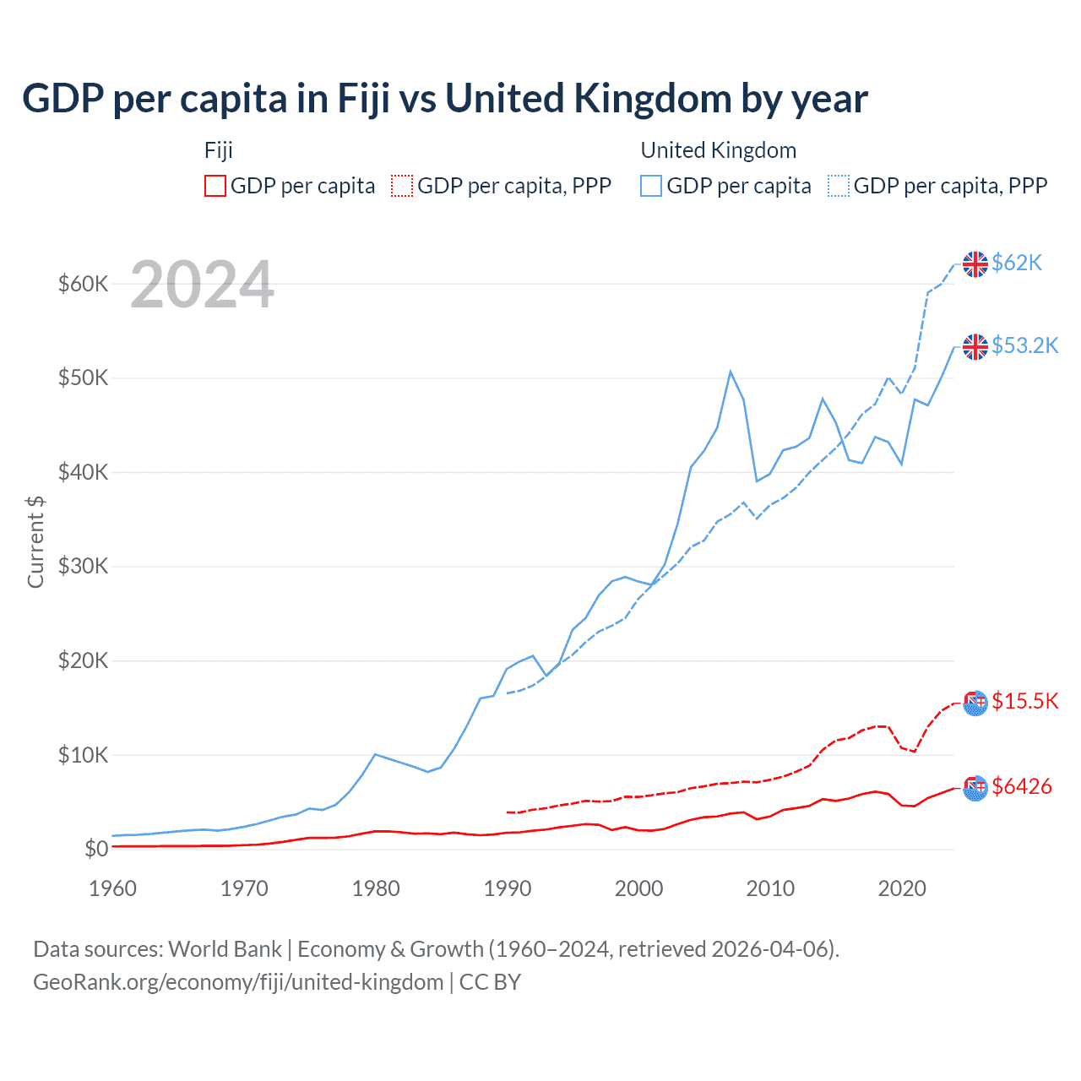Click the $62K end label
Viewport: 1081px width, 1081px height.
point(1017,263)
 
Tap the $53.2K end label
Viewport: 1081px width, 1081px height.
point(1024,345)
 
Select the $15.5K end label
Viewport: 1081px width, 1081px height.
point(1024,701)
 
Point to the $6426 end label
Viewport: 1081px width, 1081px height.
point(1022,786)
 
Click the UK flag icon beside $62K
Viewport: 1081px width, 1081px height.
point(975,264)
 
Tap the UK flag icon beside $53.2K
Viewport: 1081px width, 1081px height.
point(975,346)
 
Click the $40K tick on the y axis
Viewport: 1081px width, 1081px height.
point(83,472)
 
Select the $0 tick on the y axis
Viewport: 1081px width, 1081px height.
point(96,849)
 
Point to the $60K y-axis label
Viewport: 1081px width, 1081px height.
point(83,284)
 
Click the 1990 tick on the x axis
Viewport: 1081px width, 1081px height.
point(508,888)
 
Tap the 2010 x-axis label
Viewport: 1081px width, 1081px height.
point(770,888)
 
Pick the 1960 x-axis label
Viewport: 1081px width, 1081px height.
point(112,888)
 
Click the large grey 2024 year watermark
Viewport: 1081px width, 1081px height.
point(202,285)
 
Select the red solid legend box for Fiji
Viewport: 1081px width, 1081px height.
point(215,186)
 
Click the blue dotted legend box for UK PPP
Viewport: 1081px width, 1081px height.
point(839,186)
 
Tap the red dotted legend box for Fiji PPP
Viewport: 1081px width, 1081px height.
point(402,186)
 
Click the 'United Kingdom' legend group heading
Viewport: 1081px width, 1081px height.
point(718,150)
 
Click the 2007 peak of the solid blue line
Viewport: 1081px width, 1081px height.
point(731,372)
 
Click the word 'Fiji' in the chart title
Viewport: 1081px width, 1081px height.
point(363,99)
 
